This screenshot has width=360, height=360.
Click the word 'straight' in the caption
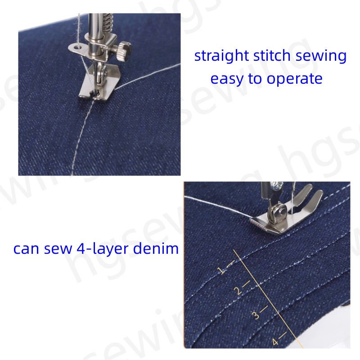coord(221,56)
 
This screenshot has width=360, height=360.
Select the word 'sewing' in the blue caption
coord(321,56)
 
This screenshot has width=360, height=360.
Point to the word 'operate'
coord(294,79)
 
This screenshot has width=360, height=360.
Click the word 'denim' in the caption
coord(156,248)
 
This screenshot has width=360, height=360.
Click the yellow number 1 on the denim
coord(221,270)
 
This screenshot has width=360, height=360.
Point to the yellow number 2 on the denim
coord(238,291)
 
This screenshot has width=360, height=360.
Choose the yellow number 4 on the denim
coord(275,342)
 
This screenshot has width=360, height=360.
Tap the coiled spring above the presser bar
coord(108,22)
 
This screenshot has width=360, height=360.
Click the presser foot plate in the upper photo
coord(99,85)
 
